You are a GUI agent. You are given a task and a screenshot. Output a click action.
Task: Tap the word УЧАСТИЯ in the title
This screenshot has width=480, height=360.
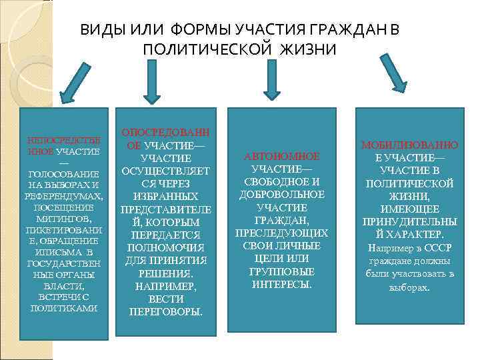(274, 31)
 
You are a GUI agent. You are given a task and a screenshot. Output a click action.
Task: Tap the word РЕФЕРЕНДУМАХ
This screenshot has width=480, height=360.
(62, 197)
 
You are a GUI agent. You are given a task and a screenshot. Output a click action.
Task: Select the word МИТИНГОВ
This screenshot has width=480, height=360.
(63, 219)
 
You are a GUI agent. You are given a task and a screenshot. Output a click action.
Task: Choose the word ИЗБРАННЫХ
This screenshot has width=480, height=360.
(166, 197)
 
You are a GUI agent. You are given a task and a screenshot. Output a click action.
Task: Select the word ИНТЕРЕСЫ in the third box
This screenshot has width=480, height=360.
(281, 284)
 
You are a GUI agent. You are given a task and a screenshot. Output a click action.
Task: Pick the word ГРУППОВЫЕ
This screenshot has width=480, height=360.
(281, 271)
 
